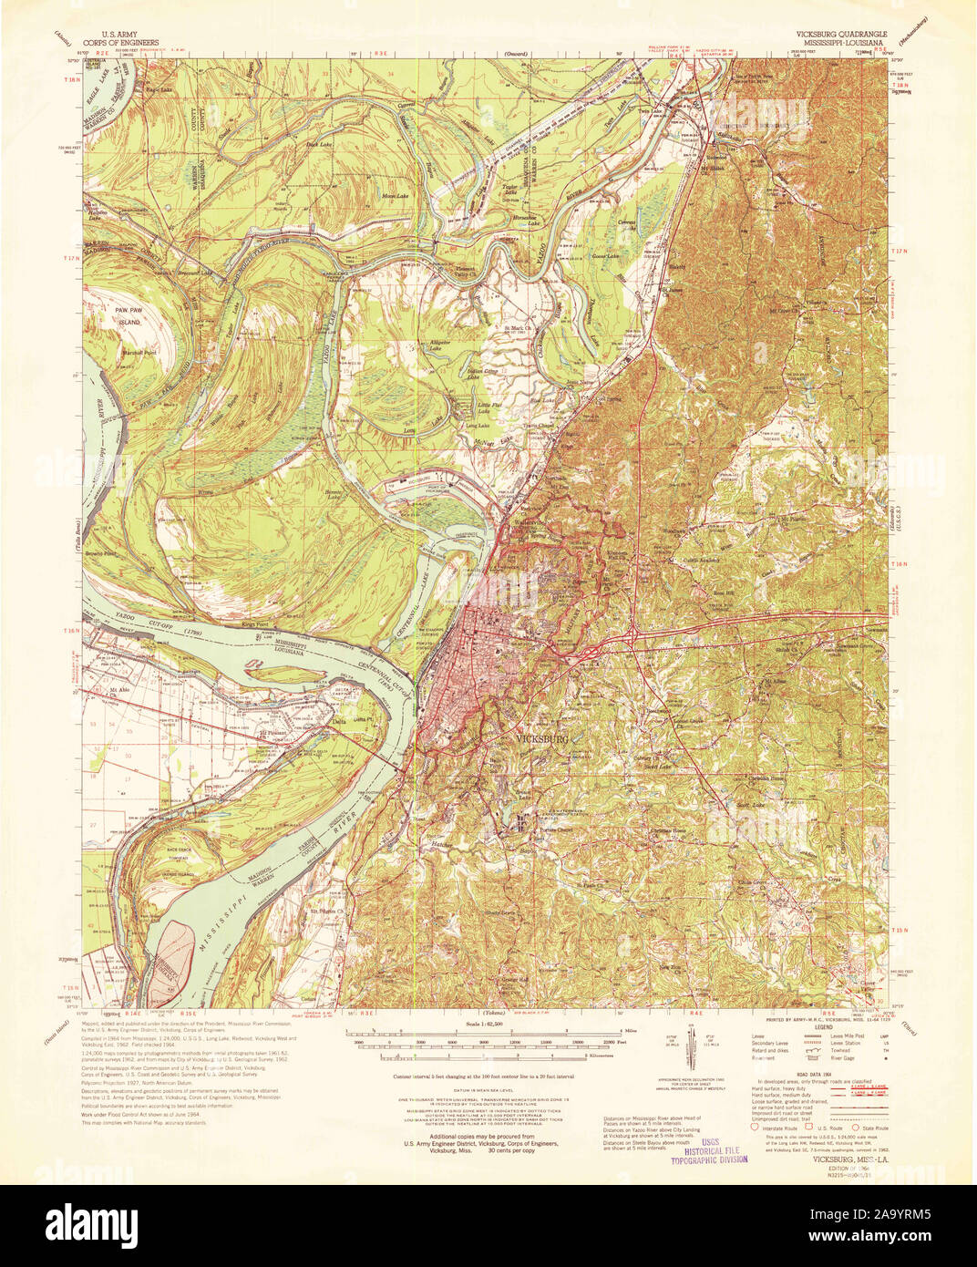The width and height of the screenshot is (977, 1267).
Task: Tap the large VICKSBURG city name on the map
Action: pyautogui.click(x=542, y=738)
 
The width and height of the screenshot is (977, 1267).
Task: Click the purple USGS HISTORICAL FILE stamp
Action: pyautogui.click(x=709, y=1151)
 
